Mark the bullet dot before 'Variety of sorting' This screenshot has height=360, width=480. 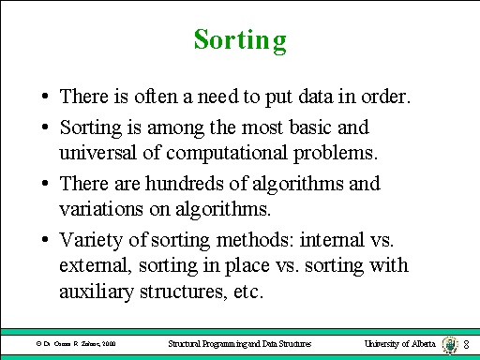(x=44, y=237)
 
